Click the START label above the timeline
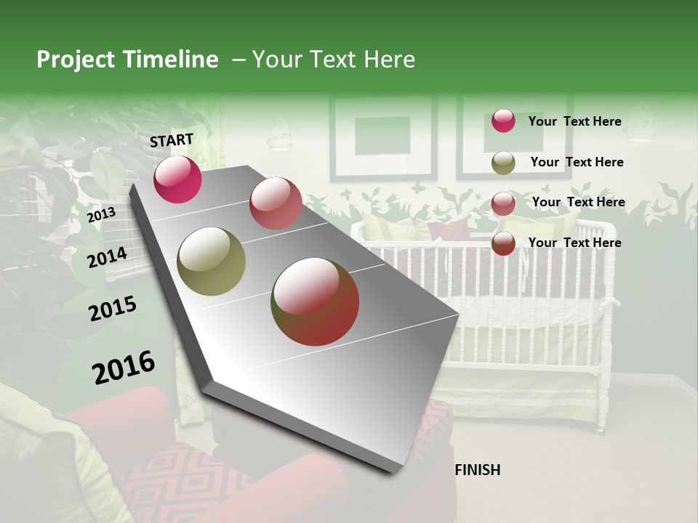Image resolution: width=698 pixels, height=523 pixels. tap(172, 140)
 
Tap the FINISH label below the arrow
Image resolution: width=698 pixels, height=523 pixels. tap(477, 470)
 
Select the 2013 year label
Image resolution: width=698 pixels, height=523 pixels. tap(101, 214)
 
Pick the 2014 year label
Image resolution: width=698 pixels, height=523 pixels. tap(107, 257)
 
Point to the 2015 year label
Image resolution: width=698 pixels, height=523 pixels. tap(113, 309)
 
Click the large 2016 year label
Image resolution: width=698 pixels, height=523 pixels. tap(124, 368)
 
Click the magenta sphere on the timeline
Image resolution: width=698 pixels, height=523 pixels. tap(177, 179)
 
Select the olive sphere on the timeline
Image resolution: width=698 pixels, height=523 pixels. tap(211, 261)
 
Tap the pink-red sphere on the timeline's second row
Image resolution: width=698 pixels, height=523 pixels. tap(275, 203)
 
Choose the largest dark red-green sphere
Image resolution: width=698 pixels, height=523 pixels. tap(315, 301)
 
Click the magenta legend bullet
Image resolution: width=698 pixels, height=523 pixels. tap(503, 121)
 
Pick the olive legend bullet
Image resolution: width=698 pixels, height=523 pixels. tap(503, 163)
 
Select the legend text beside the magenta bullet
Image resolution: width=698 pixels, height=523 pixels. tap(574, 121)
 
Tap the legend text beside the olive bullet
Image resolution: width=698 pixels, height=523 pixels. tap(577, 162)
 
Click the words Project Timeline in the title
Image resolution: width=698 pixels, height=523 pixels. tap(127, 60)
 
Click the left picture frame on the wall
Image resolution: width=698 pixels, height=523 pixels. tap(382, 137)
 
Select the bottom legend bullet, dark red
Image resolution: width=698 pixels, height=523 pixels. tap(503, 243)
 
